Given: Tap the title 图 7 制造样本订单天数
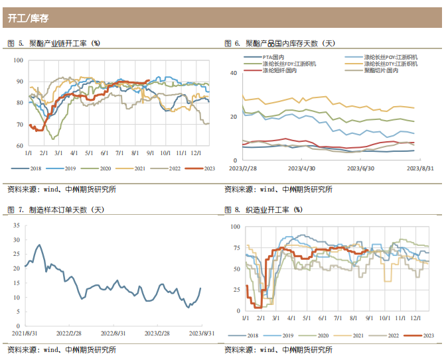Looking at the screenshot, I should pyautogui.click(x=55, y=210).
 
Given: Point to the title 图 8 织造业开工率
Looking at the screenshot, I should pyautogui.click(x=264, y=210).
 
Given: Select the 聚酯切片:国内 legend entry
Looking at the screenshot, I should pyautogui.click(x=380, y=70).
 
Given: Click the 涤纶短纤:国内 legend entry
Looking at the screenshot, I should pyautogui.click(x=279, y=70).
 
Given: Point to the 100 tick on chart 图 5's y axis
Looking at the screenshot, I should pyautogui.click(x=18, y=60).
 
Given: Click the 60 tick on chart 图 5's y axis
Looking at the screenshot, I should pyautogui.click(x=19, y=146).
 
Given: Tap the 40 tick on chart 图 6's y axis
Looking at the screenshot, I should pyautogui.click(x=234, y=72).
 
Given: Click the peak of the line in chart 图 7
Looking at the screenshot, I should pyautogui.click(x=39, y=245).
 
